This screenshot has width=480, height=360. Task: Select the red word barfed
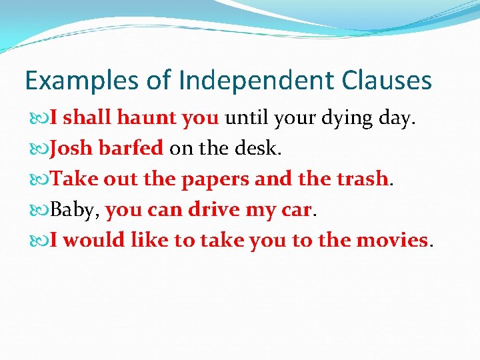tap(131, 148)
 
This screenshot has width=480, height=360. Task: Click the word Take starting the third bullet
tap(71, 179)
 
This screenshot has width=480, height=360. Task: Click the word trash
tap(361, 179)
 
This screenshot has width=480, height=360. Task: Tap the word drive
tap(215, 209)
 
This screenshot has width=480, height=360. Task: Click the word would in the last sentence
tap(94, 239)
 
